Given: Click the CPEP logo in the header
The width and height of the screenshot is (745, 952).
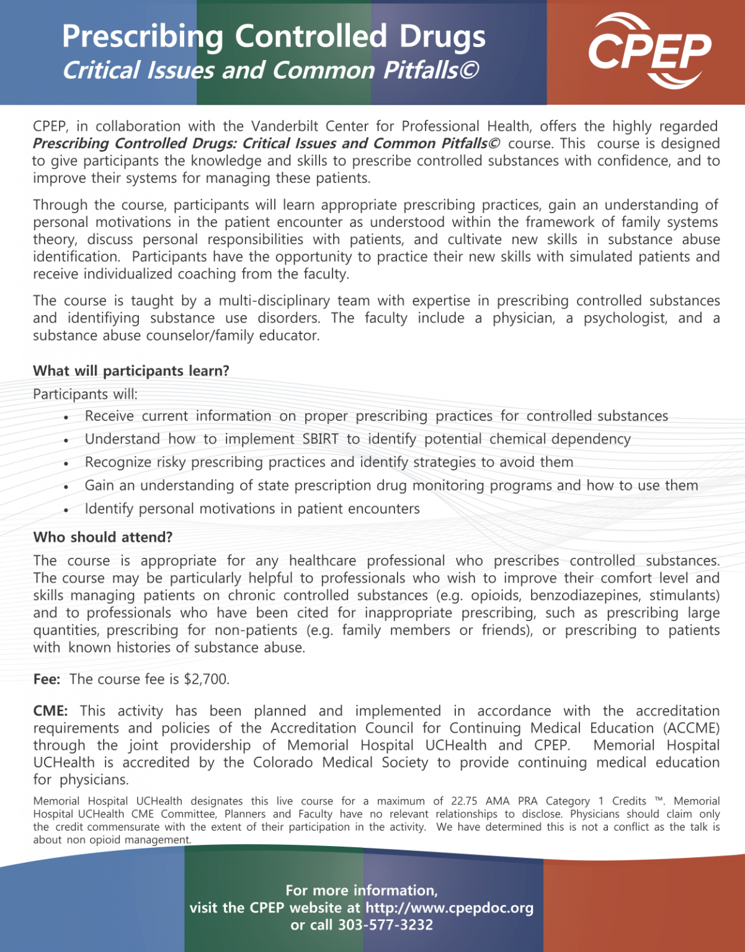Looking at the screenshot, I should coord(649,51).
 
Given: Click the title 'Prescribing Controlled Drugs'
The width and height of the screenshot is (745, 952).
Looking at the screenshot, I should coord(274,37).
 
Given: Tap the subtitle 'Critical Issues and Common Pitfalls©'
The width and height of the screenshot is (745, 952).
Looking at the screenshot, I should coord(270,71).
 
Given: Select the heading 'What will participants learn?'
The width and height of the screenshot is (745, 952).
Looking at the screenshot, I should coord(131,371).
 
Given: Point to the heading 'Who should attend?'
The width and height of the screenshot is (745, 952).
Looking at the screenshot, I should coord(103,537).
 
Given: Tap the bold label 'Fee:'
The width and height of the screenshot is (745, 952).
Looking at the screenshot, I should coord(47,679).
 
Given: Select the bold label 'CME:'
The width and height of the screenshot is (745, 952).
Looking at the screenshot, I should coord(50,711).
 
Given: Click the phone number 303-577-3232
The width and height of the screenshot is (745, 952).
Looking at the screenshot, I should coord(385,925).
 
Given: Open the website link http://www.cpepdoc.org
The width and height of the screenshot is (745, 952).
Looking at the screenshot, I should coord(449,908).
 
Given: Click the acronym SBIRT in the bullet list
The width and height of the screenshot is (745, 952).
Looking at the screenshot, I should coord(320,439).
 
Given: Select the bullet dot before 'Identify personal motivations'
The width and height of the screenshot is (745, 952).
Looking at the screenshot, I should coord(66,510).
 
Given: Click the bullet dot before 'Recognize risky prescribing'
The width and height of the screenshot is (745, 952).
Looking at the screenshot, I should coord(66,464).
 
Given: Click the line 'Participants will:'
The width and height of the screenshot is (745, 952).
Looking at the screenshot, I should coord(85,394).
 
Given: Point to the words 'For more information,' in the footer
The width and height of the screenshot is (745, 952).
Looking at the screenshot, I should coord(362,891).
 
